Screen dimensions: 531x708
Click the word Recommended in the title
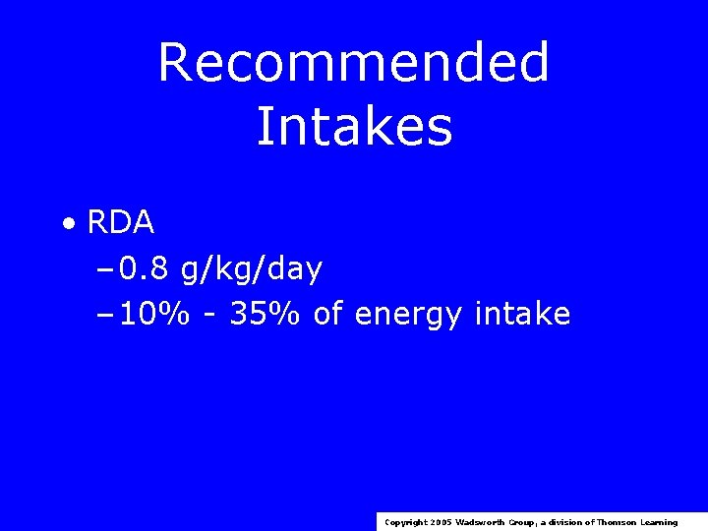click(x=353, y=62)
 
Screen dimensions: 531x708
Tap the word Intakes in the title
click(x=354, y=127)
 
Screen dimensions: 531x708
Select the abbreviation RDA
click(x=121, y=223)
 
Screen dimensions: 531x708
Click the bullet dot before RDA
click(x=68, y=224)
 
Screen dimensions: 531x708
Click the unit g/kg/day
click(x=251, y=269)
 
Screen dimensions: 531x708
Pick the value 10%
click(x=149, y=314)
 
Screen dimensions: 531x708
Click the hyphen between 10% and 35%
click(x=209, y=316)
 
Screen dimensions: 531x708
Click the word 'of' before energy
click(x=328, y=314)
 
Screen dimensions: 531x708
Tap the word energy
click(x=408, y=316)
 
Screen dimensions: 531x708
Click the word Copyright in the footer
click(x=405, y=522)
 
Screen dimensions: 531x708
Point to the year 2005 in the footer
click(x=441, y=522)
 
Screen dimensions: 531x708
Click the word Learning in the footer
click(x=660, y=522)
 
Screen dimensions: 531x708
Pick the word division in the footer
click(x=568, y=522)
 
